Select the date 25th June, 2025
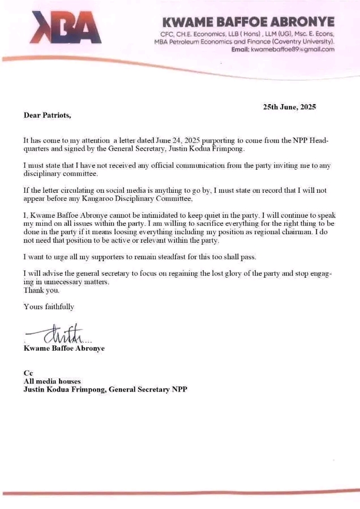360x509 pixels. tap(289, 107)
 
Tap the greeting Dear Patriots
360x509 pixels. tap(48, 115)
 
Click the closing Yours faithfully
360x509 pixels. tap(49, 307)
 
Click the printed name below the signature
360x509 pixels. tap(64, 348)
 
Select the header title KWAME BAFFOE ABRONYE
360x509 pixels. tap(248, 22)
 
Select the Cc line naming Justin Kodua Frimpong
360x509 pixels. tap(105, 390)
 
